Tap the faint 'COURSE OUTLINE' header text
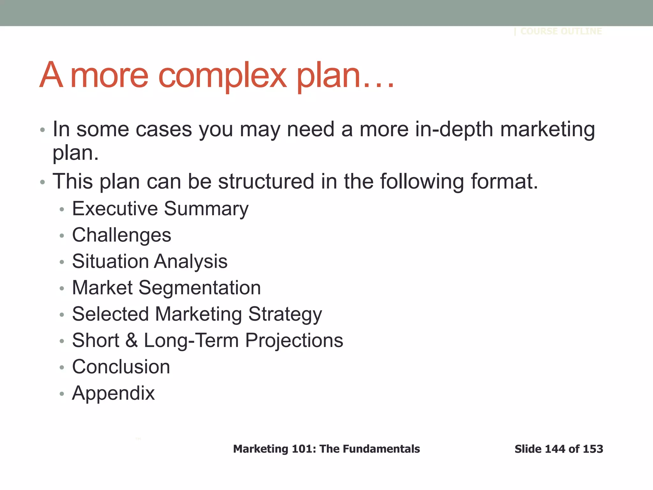pos(561,31)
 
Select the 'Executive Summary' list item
pos(160,209)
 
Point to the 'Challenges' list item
pos(121,235)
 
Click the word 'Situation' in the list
pos(110,261)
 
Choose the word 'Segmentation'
pos(200,288)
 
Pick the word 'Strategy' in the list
pos(285,315)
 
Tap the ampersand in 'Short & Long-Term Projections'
pos(131,340)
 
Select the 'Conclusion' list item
pos(121,367)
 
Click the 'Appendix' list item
pos(113,393)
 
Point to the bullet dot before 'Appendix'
pos(62,394)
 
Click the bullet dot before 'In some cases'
pos(42,130)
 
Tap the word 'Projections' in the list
pos(294,340)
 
